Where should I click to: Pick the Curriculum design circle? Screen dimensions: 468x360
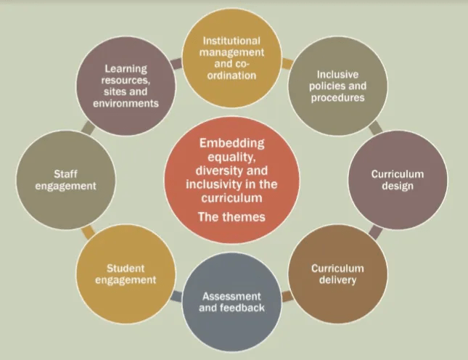[398, 180]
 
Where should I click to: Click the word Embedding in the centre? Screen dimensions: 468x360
[231, 143]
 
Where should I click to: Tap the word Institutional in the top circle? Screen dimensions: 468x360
[231, 40]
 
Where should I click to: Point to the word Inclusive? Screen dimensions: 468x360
[337, 74]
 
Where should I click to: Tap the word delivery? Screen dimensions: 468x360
[337, 280]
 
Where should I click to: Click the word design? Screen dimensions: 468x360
[398, 187]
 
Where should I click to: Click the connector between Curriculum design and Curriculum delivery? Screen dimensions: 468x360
[375, 232]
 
